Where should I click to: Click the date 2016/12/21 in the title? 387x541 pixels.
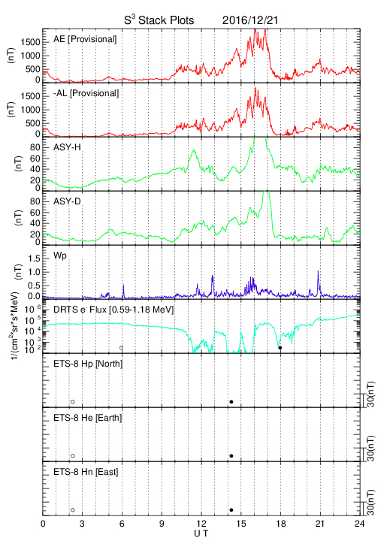[249, 20]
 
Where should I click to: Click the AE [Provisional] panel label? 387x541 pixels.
[85, 39]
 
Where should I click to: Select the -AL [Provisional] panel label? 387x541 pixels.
[86, 93]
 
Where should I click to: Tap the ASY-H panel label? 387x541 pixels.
[67, 147]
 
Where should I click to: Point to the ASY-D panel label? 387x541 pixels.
[67, 201]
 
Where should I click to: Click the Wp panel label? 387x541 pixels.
[60, 256]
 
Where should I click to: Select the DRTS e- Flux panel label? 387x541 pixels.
[113, 310]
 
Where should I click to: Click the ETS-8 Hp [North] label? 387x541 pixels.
[88, 364]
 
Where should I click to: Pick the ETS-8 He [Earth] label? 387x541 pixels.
[88, 418]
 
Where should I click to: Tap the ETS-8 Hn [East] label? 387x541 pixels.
[86, 472]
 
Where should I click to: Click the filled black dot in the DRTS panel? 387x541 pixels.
[280, 348]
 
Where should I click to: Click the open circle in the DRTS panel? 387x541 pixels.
[122, 348]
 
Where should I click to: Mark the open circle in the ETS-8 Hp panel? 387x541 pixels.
[73, 401]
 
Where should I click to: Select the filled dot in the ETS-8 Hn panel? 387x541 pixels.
[231, 510]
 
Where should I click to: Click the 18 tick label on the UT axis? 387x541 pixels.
[281, 524]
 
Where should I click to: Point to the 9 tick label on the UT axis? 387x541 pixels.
[162, 524]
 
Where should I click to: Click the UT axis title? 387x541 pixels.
[201, 533]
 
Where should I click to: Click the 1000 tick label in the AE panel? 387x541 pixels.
[30, 56]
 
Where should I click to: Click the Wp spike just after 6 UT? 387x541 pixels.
[123, 291]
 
